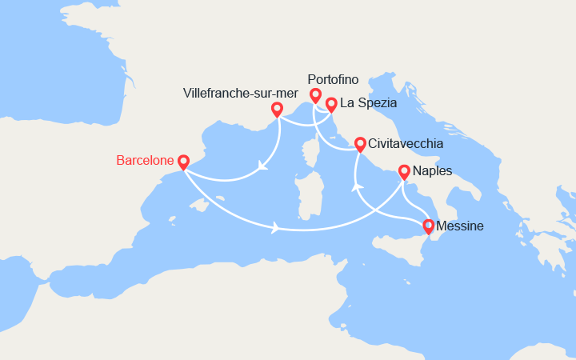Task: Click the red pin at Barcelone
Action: point(183,162)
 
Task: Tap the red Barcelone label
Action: point(145,161)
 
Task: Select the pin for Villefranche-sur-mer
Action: point(277,109)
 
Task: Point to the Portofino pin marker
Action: point(315,95)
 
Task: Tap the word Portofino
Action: point(333,79)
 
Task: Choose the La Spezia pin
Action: point(330,103)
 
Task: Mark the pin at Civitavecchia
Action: point(360,143)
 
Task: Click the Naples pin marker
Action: point(404,171)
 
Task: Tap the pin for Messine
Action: point(430,226)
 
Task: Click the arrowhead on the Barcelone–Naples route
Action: point(276,228)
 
